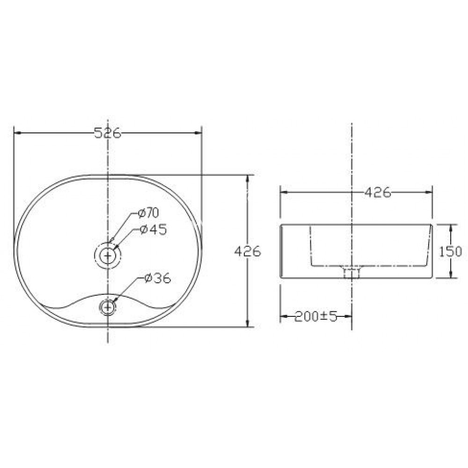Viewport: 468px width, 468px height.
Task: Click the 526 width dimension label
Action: (x=108, y=133)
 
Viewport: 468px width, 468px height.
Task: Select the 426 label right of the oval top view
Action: (x=247, y=251)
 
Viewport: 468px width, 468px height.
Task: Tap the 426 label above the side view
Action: (x=377, y=192)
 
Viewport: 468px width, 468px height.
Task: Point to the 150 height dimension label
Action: (x=451, y=251)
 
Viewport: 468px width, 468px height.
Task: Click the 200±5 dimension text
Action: (x=316, y=317)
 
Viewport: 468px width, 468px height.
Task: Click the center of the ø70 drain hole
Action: (x=108, y=256)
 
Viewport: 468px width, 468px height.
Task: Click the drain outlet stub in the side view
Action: (x=351, y=273)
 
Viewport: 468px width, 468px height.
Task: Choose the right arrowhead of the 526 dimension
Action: (x=198, y=133)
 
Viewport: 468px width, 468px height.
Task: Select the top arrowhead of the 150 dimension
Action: (x=451, y=228)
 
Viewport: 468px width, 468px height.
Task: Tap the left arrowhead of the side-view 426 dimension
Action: (x=283, y=192)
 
